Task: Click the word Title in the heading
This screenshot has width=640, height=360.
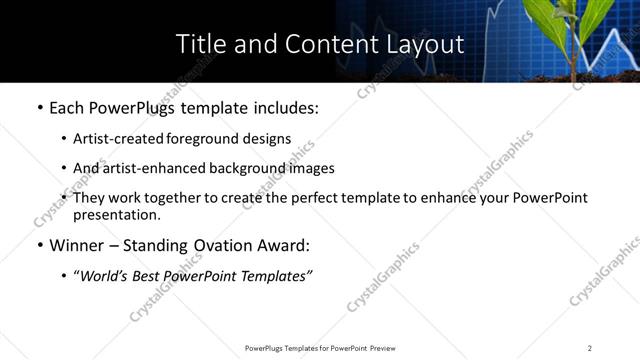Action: pos(199,44)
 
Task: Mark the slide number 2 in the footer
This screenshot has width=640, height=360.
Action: pos(589,348)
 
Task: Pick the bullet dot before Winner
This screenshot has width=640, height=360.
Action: pos(39,246)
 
